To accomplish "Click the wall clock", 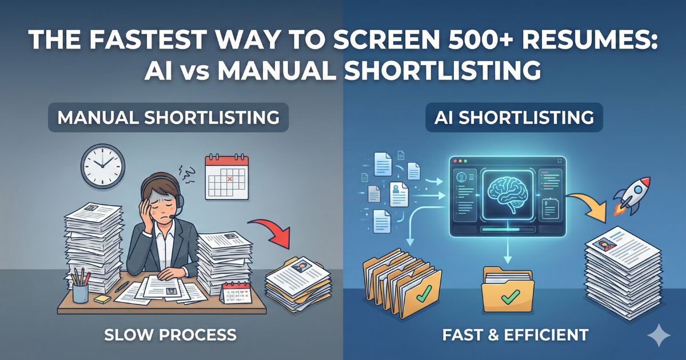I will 102,166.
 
